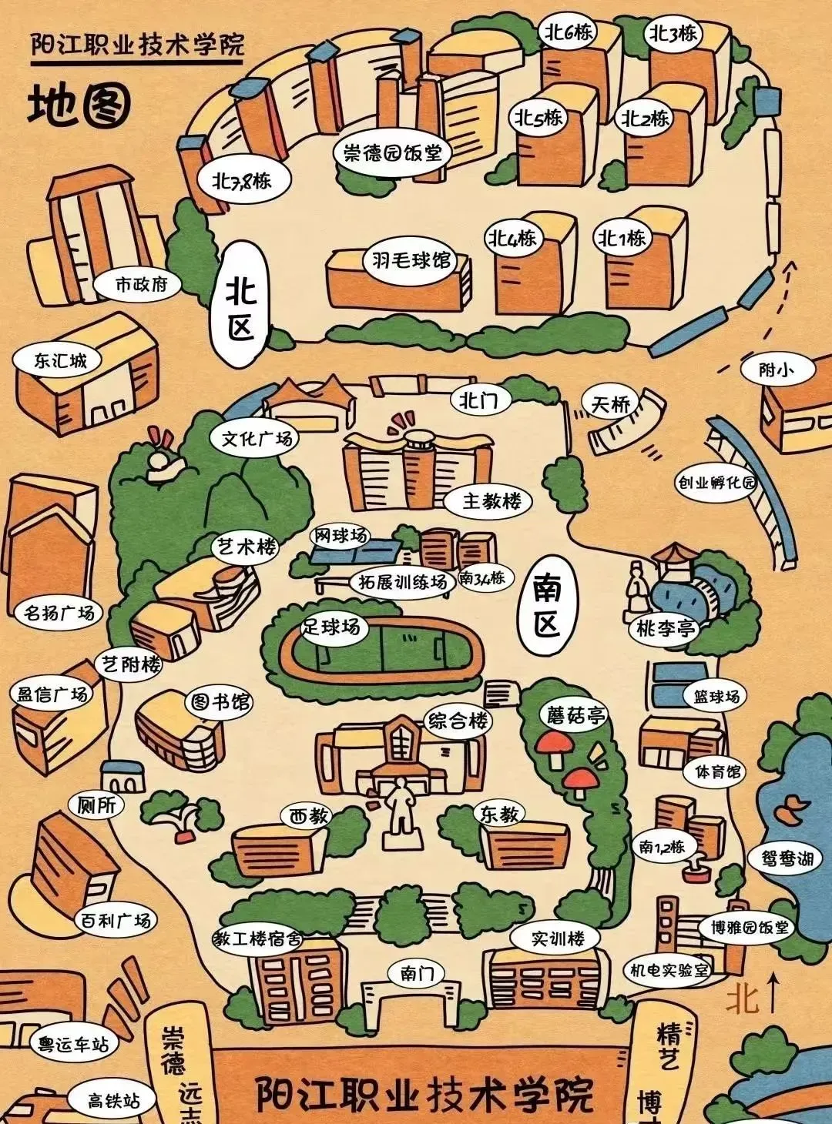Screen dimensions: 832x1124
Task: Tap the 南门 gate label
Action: pos(417,973)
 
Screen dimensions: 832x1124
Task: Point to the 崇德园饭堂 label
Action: pos(392,152)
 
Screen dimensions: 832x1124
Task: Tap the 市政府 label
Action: pos(141,284)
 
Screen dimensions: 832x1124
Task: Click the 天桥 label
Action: pos(611,403)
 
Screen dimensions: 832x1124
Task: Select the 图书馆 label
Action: pos(220,702)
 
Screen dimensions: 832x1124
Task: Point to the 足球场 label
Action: pos(331,627)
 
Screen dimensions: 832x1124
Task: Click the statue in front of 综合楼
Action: pos(400,805)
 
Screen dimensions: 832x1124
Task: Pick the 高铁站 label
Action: pos(113,1100)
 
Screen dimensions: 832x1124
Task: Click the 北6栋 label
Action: pos(569,32)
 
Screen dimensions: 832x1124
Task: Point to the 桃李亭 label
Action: pos(666,629)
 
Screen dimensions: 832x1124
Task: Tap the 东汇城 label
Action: pos(60,360)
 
